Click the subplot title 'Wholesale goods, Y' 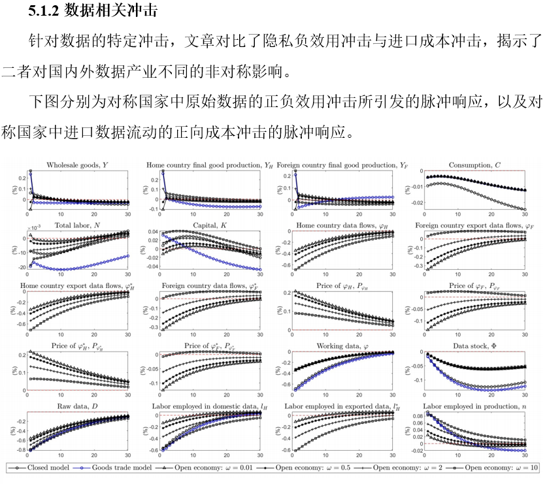[x=76, y=165]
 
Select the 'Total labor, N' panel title [x=75, y=226]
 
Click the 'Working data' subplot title [x=343, y=346]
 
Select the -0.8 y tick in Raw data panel [x=20, y=450]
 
